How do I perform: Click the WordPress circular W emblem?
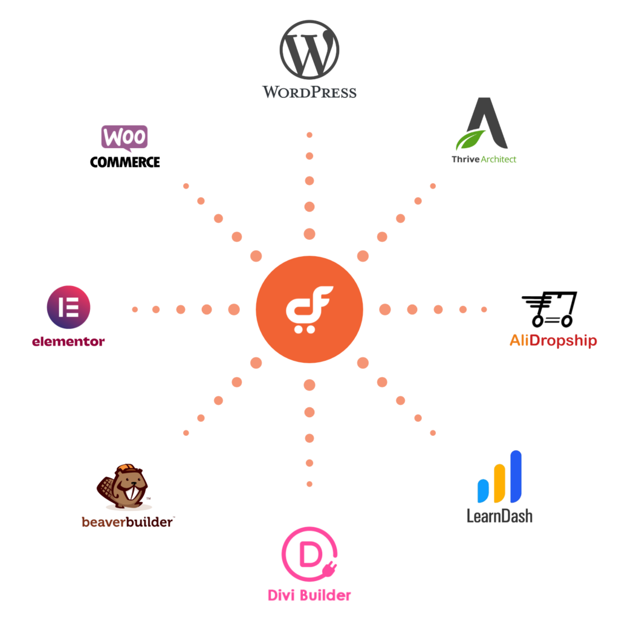(x=309, y=50)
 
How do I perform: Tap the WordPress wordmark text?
(x=309, y=92)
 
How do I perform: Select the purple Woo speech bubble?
(x=125, y=138)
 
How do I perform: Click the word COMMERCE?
(x=125, y=162)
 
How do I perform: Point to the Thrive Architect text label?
(x=484, y=159)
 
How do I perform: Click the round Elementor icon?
(x=68, y=307)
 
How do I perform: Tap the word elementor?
(x=68, y=342)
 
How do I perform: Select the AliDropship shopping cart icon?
(x=549, y=309)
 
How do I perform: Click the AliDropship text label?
(x=553, y=340)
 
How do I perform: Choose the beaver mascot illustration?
(x=123, y=487)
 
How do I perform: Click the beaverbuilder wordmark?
(x=127, y=522)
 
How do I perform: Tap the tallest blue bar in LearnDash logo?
(x=516, y=476)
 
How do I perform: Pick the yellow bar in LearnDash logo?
(x=499, y=483)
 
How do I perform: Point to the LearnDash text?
(x=499, y=516)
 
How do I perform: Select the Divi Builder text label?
(x=309, y=595)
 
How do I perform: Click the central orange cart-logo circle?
(x=309, y=309)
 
